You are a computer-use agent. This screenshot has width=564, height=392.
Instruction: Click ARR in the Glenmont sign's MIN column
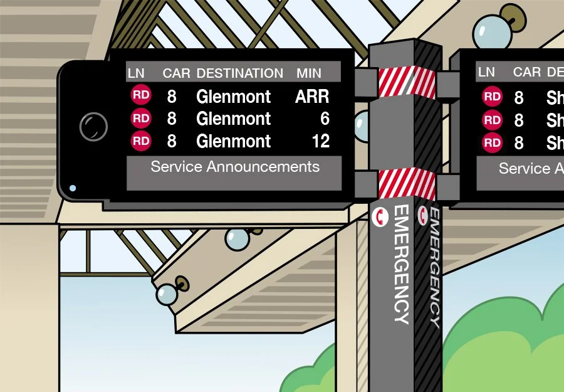pyautogui.click(x=311, y=97)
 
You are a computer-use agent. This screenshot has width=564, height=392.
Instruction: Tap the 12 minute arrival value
pyautogui.click(x=320, y=141)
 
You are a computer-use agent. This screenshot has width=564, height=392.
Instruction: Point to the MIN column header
pyautogui.click(x=308, y=73)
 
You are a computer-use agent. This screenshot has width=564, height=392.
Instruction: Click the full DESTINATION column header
pyautogui.click(x=239, y=73)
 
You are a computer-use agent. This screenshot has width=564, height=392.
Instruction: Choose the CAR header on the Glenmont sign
pyautogui.click(x=176, y=73)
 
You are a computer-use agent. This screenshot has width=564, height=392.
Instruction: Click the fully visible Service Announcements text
pyautogui.click(x=235, y=167)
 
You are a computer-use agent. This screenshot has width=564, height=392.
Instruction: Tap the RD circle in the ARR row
pyautogui.click(x=141, y=96)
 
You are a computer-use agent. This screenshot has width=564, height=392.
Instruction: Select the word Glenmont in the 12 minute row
pyautogui.click(x=233, y=141)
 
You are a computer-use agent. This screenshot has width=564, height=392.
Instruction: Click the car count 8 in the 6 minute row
pyautogui.click(x=171, y=119)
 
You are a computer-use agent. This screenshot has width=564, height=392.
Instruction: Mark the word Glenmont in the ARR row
pyautogui.click(x=233, y=97)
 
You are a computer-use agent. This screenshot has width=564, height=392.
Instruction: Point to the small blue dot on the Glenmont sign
pyautogui.click(x=73, y=188)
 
